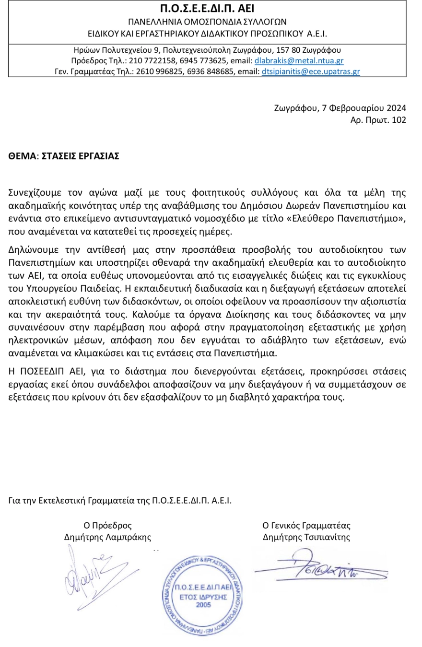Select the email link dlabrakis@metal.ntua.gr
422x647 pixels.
pos(299,61)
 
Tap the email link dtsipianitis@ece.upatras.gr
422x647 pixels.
pos(311,72)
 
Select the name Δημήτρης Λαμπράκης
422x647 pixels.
pos(107,537)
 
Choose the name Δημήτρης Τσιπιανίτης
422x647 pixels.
pos(306,537)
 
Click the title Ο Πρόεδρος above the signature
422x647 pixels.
pos(107,525)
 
